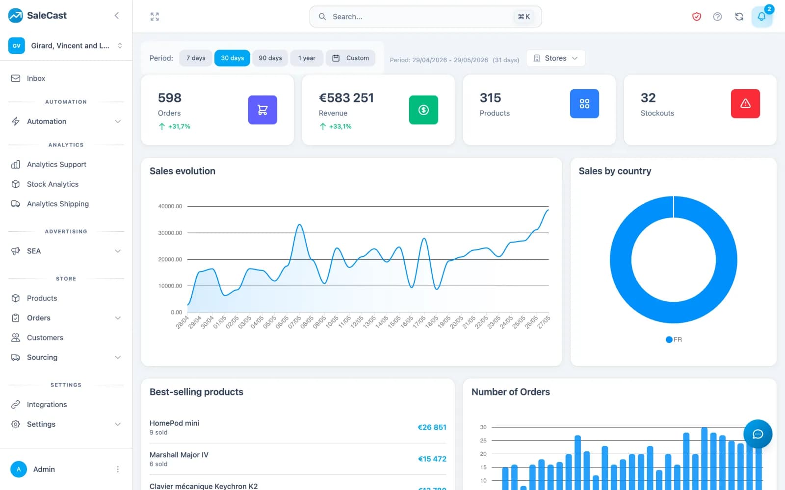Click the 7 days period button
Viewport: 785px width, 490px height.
click(196, 58)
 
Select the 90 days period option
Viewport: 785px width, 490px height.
click(270, 58)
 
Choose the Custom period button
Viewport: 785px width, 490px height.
click(350, 58)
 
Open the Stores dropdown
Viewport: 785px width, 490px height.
click(555, 58)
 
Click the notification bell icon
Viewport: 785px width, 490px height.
click(761, 17)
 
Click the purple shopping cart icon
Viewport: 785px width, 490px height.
click(262, 110)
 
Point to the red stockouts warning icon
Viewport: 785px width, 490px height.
click(745, 103)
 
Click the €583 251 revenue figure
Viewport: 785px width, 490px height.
click(346, 98)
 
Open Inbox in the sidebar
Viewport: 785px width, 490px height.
click(36, 78)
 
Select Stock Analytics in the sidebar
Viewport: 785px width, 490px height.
click(52, 184)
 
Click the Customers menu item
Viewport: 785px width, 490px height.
click(45, 338)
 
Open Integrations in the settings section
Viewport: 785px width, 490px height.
click(47, 404)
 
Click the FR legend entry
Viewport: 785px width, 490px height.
click(674, 340)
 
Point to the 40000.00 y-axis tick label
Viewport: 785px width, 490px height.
click(170, 206)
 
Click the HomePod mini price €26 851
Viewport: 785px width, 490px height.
click(432, 427)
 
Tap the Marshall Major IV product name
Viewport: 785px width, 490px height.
click(179, 455)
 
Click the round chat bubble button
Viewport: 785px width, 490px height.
click(758, 434)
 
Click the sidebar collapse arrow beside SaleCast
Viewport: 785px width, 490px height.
click(117, 15)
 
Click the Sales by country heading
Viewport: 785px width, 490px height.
click(615, 171)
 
